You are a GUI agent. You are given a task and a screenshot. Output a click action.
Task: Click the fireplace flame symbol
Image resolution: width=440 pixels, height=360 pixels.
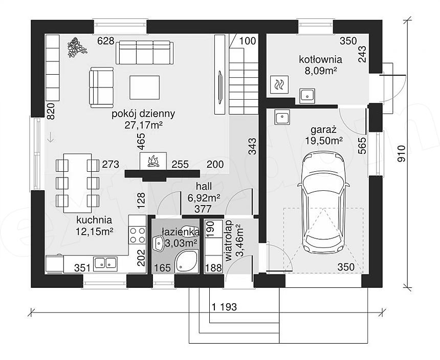pos(153,161)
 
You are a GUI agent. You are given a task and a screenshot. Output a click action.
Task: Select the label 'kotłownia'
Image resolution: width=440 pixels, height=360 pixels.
pos(320,59)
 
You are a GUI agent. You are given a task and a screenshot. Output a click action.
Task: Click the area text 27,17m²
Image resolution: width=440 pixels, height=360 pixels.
pos(144,125)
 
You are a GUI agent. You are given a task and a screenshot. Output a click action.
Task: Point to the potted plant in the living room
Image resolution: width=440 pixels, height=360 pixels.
pos(77,48)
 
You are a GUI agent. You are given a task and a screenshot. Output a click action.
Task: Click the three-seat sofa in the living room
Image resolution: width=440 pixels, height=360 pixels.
pos(144,53)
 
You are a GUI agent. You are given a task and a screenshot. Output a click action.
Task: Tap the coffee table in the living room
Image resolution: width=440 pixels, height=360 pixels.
pos(144,87)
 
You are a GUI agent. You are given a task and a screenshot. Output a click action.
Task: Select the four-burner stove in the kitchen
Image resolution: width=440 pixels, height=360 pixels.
pos(138,235)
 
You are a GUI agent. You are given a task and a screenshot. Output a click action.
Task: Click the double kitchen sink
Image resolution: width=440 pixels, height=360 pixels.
pos(105,263)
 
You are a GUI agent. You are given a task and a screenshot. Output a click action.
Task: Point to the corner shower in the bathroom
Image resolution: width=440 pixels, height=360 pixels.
pos(186,262)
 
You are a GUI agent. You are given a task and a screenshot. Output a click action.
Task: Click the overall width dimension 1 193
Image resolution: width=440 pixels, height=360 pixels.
pos(224,307)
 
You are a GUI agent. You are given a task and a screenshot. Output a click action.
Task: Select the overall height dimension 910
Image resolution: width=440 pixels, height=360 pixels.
pos(401,153)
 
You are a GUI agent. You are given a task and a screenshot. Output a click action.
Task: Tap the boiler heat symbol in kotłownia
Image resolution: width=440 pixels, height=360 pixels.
pos(279,84)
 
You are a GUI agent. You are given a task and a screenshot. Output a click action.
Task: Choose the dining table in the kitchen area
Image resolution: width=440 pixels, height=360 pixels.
pos(77,183)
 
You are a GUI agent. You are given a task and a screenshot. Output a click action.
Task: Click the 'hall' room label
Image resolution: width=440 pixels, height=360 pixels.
pos(204,186)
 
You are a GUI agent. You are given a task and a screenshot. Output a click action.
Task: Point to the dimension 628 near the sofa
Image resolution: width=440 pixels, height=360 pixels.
pos(106,41)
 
